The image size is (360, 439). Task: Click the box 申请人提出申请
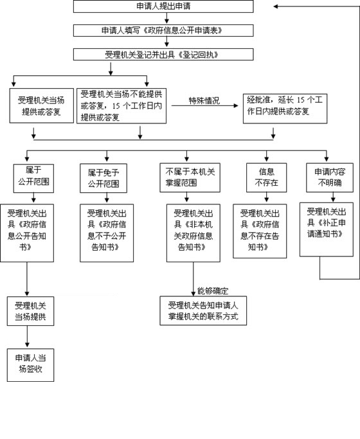pyautogui.click(x=163, y=6)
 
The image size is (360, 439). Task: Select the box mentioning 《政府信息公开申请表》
pyautogui.click(x=163, y=30)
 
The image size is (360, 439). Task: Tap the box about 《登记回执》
pyautogui.click(x=163, y=55)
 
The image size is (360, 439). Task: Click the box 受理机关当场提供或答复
pyautogui.click(x=41, y=106)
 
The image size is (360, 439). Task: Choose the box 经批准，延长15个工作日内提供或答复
pyautogui.click(x=285, y=109)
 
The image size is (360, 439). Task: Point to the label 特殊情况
pyautogui.click(x=204, y=100)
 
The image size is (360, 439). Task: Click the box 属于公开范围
pyautogui.click(x=33, y=178)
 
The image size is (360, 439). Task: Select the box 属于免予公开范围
pyautogui.click(x=104, y=178)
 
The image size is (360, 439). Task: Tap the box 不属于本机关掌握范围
pyautogui.click(x=190, y=177)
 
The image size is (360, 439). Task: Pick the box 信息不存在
pyautogui.click(x=267, y=177)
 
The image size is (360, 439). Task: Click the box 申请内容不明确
pyautogui.click(x=330, y=177)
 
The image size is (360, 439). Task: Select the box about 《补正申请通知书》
pyautogui.click(x=327, y=229)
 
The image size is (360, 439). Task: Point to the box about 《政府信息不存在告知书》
pyautogui.click(x=260, y=231)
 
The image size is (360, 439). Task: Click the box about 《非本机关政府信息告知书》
pyautogui.click(x=193, y=233)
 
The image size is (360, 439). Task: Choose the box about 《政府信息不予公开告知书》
pyautogui.click(x=107, y=233)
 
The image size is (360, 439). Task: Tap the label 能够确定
pyautogui.click(x=213, y=291)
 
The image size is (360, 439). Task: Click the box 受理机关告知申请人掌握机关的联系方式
pyautogui.click(x=203, y=310)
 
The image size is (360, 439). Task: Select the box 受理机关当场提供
pyautogui.click(x=30, y=311)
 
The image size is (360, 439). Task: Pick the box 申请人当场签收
pyautogui.click(x=30, y=365)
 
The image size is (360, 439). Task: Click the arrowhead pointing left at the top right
pyautogui.click(x=275, y=6)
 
